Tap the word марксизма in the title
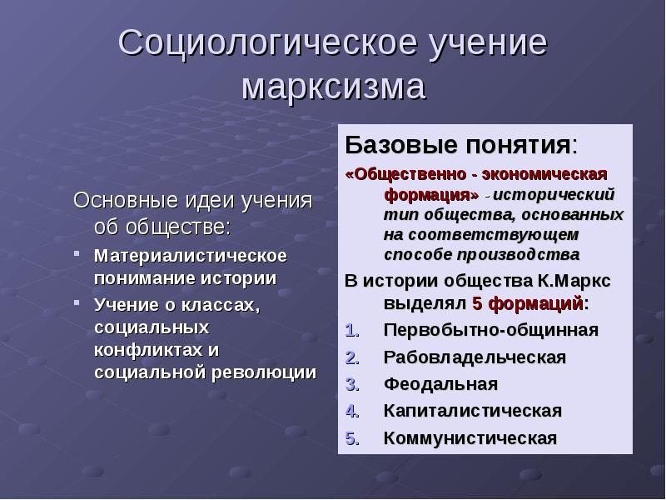(334, 87)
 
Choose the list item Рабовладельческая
(475, 357)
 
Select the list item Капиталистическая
(472, 411)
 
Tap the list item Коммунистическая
(470, 438)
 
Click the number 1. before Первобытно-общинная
(351, 330)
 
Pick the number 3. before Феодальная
(351, 384)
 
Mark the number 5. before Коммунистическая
(351, 438)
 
